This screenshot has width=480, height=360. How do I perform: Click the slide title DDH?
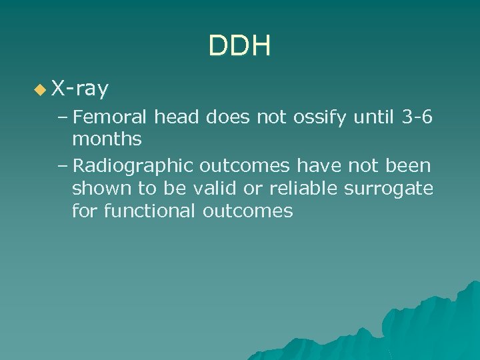click(x=239, y=47)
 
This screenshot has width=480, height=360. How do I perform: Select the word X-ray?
click(x=81, y=88)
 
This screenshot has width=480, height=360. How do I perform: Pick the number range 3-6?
click(x=417, y=118)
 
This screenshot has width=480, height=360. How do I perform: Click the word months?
click(x=107, y=139)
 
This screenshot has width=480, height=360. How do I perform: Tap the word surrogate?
click(x=388, y=188)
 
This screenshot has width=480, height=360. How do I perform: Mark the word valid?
click(x=215, y=188)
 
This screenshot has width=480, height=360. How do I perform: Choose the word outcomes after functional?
click(x=250, y=211)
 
